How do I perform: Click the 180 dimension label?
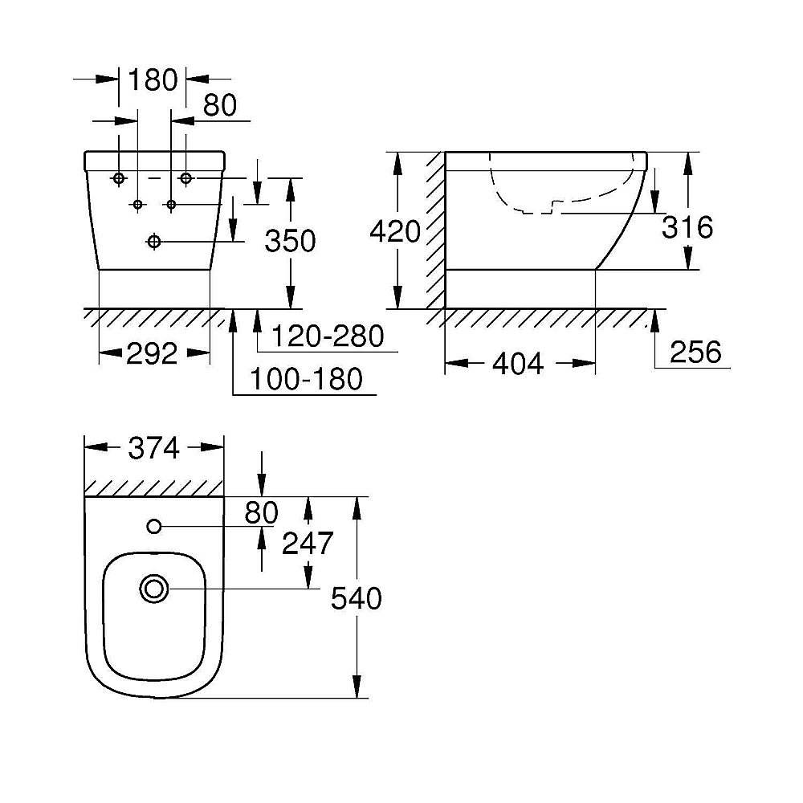153,79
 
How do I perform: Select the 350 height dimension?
290,241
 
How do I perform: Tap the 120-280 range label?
328,336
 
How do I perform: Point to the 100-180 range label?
306,379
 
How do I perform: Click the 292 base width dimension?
152,354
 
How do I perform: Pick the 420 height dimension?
395,231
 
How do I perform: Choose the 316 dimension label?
687,227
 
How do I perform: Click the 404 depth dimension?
518,364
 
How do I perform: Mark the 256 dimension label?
695,352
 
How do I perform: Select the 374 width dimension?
153,448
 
